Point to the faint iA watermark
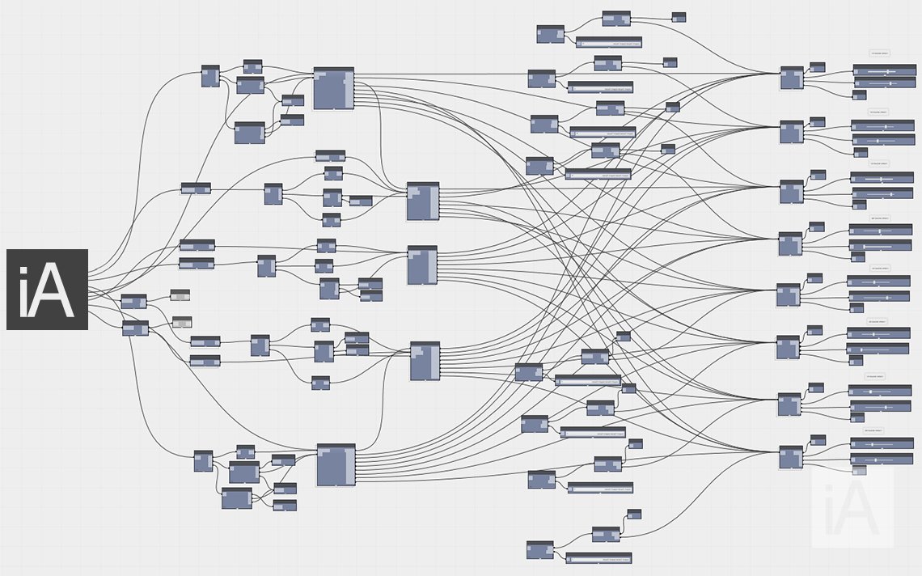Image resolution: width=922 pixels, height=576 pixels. click(853, 508)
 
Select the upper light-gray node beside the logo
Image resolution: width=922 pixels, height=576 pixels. click(180, 295)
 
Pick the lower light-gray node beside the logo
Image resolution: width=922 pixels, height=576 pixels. click(182, 322)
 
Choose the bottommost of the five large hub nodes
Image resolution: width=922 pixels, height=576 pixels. click(336, 465)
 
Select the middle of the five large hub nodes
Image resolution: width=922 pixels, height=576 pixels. click(422, 265)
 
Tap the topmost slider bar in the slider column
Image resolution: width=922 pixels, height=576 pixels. click(883, 71)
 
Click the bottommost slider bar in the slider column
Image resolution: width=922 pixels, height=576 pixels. click(881, 459)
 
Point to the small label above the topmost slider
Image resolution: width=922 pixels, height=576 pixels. click(879, 53)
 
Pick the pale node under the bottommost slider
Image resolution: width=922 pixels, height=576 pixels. click(859, 471)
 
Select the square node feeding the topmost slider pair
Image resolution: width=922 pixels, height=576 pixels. click(792, 78)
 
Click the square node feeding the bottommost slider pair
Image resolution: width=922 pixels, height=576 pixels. click(791, 458)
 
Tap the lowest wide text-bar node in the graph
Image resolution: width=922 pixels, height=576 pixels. click(598, 558)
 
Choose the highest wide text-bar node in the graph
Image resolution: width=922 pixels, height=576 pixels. click(608, 42)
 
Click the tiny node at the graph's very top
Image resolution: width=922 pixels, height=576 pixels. click(679, 17)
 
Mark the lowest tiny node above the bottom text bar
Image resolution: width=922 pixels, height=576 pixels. click(634, 514)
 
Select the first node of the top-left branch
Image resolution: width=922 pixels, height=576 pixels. click(210, 76)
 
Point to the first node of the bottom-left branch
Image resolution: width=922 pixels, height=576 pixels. click(203, 461)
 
